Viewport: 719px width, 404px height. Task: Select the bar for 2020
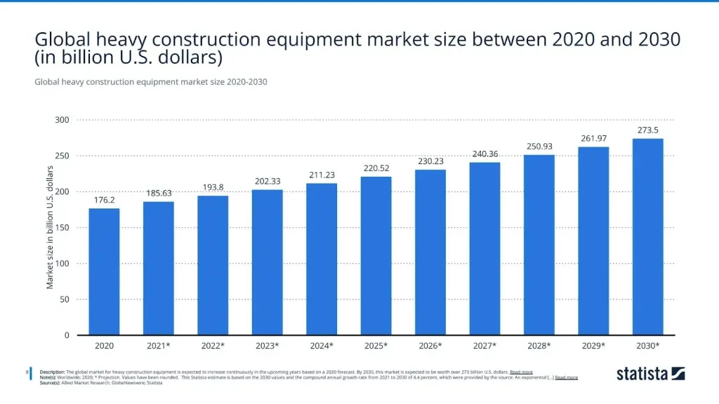(104, 271)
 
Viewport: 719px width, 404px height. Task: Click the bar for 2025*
(376, 256)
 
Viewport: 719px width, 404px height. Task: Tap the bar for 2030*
(647, 237)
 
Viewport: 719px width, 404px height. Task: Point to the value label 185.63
(158, 192)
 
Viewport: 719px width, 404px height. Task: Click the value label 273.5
(647, 130)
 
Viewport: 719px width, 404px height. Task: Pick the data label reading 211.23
(322, 175)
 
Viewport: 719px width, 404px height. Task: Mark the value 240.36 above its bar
(484, 154)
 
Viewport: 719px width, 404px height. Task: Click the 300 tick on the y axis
(62, 120)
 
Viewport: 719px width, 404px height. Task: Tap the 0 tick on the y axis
(66, 335)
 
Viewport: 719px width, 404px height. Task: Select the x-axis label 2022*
(213, 346)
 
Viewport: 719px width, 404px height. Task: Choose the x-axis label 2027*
(484, 346)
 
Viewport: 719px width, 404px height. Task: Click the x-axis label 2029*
(593, 346)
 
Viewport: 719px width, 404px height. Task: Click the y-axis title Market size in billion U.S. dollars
(50, 227)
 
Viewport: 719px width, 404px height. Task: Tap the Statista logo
(650, 374)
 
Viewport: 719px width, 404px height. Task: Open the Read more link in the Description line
(521, 372)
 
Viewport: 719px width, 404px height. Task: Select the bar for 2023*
(267, 262)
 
